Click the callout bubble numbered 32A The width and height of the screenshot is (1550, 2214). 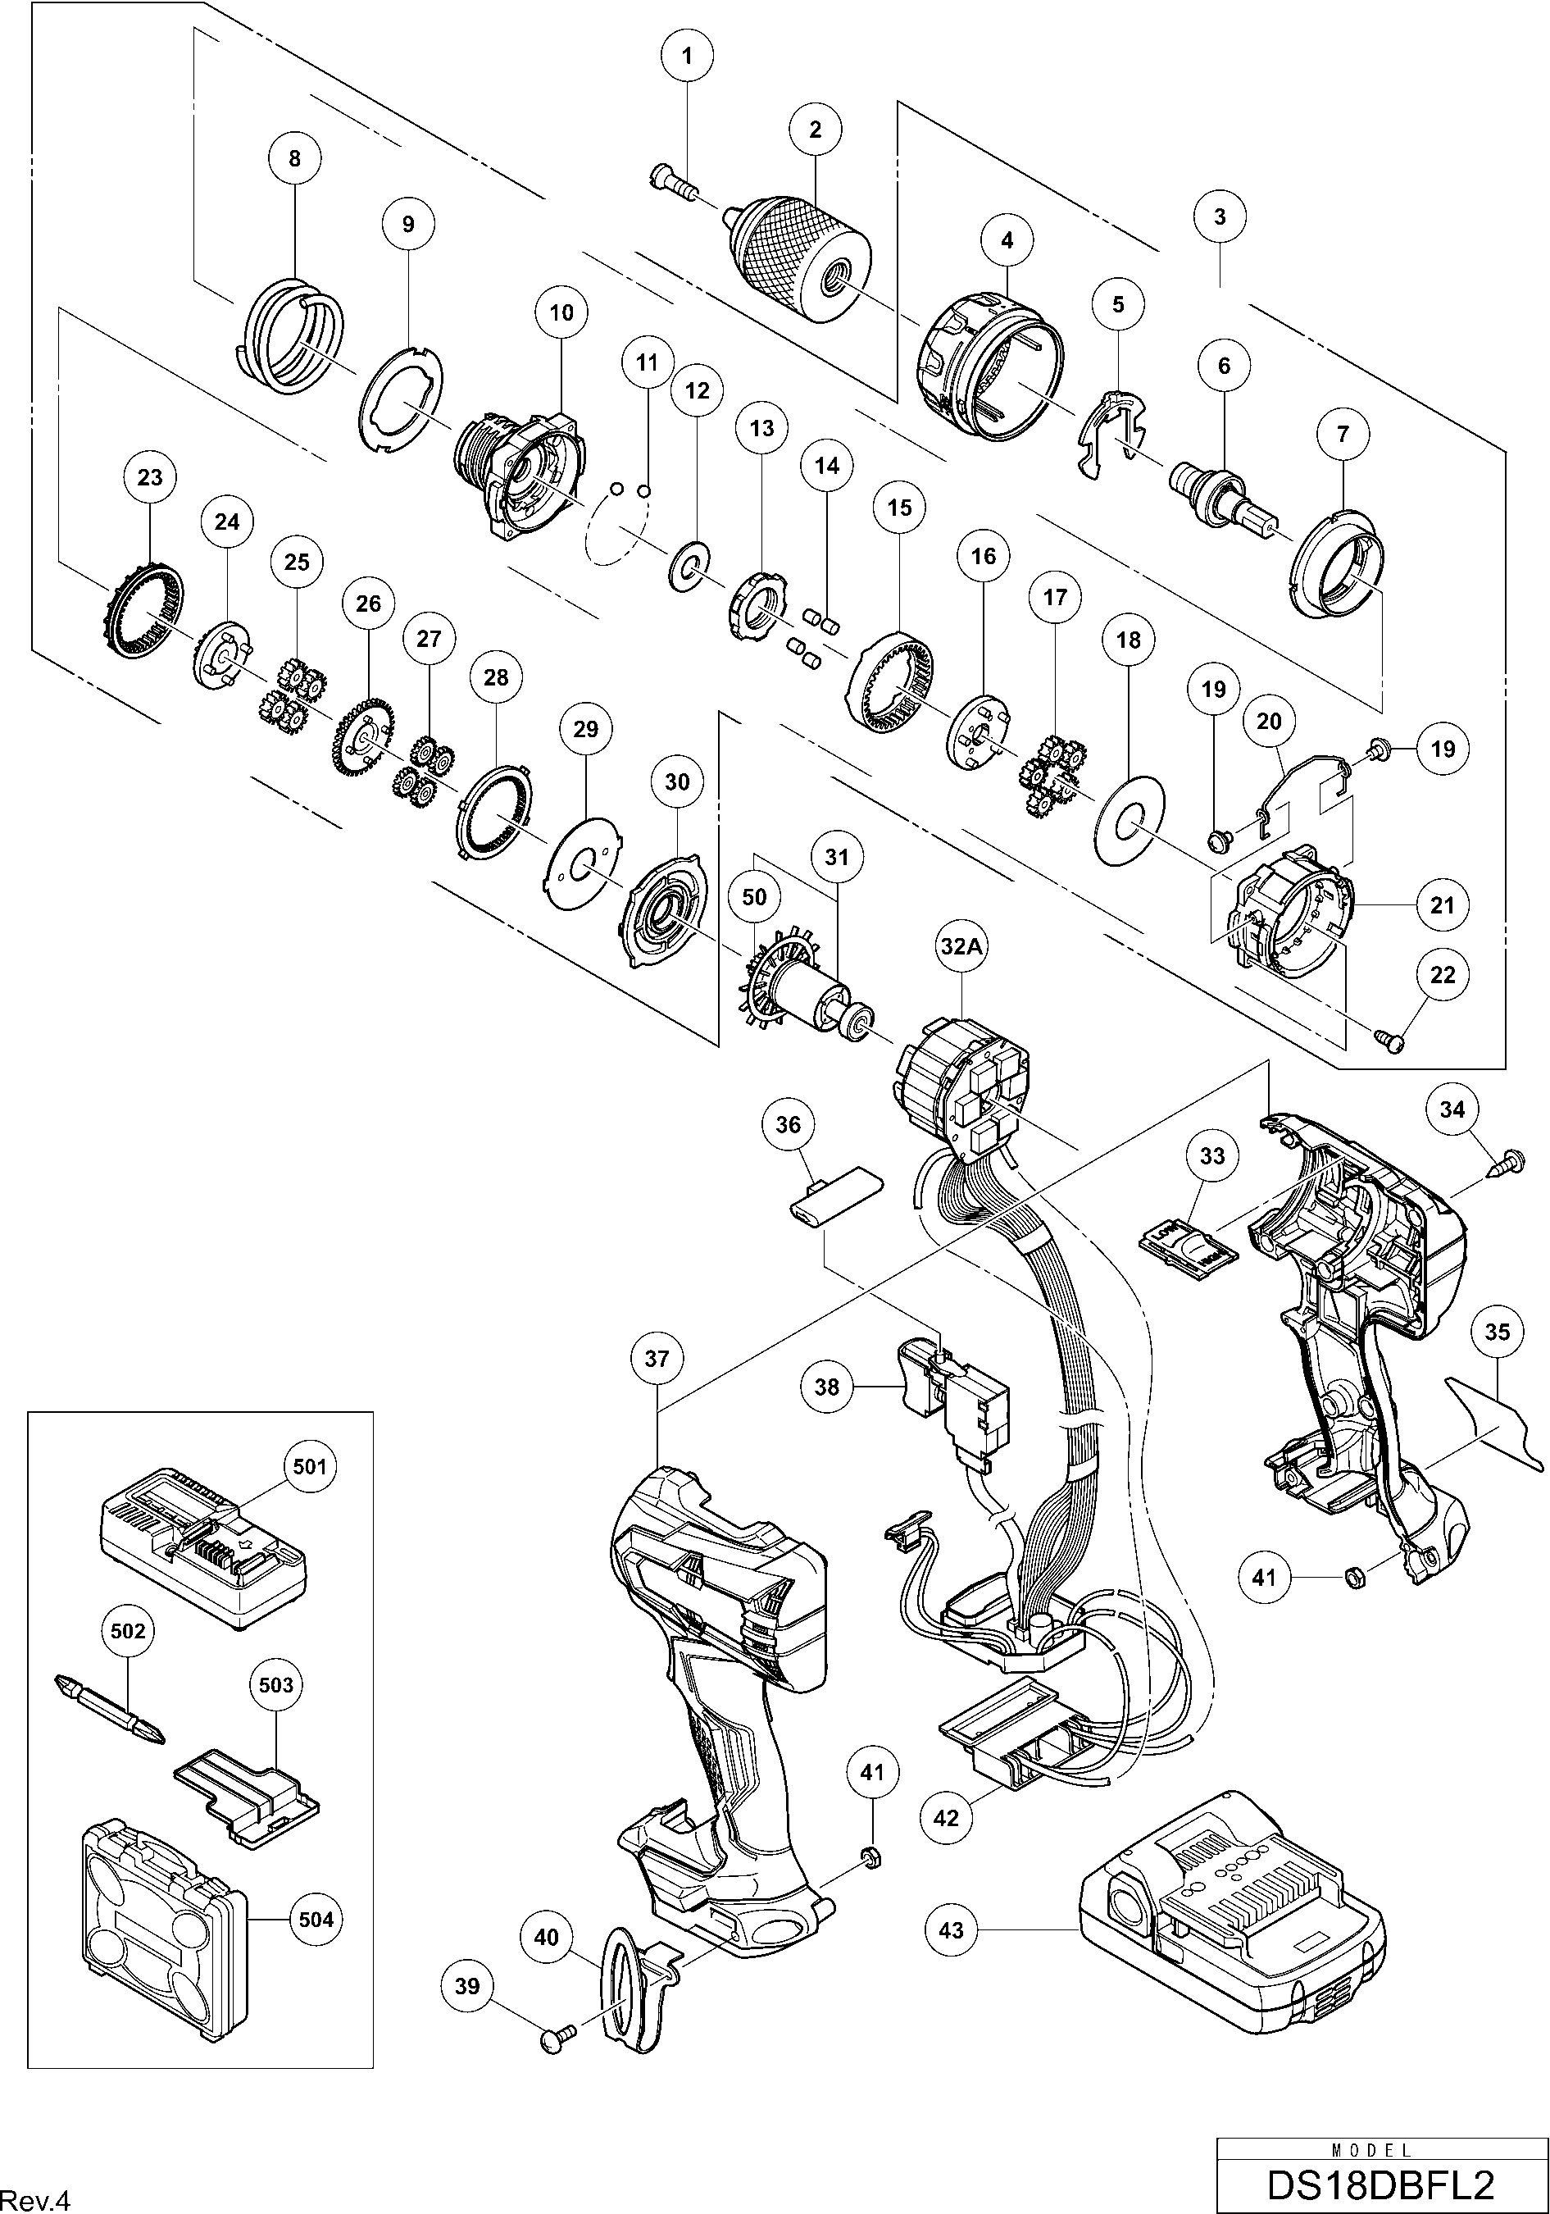pos(960,946)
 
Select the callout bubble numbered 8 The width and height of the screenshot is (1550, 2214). pos(295,158)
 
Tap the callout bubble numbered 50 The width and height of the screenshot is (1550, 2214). pos(754,897)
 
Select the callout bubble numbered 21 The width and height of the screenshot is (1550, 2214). pos(1442,904)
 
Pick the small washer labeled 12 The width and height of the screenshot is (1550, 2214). pos(689,567)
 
